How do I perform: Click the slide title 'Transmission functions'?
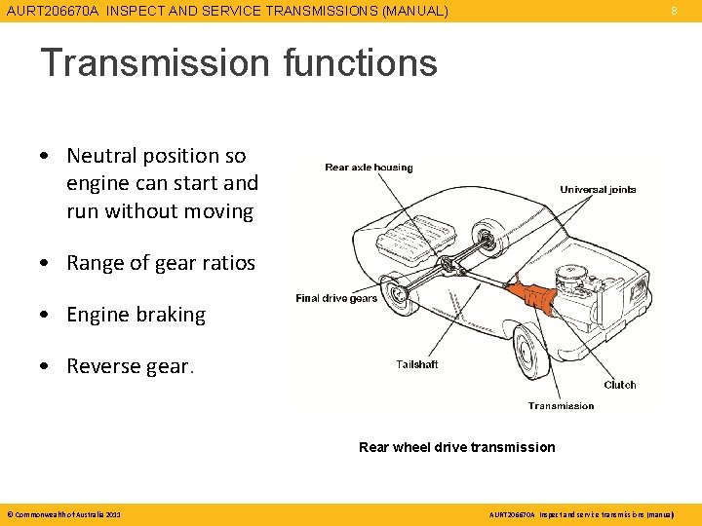click(x=238, y=63)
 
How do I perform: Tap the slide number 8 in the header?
click(x=673, y=12)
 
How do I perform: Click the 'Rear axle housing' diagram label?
click(x=369, y=168)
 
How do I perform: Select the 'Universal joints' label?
click(x=598, y=189)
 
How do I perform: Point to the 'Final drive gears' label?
click(x=336, y=298)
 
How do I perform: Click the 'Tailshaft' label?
click(x=417, y=364)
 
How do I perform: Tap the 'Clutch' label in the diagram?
click(x=619, y=385)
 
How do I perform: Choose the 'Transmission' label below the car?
click(x=561, y=405)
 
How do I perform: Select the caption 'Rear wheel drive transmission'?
click(x=456, y=447)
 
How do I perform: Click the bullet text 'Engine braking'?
click(x=136, y=315)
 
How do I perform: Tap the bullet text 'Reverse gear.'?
click(x=131, y=366)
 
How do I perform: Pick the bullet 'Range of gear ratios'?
click(x=161, y=263)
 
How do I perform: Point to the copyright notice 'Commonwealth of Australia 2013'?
click(x=63, y=513)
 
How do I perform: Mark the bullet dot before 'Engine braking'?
click(x=46, y=315)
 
